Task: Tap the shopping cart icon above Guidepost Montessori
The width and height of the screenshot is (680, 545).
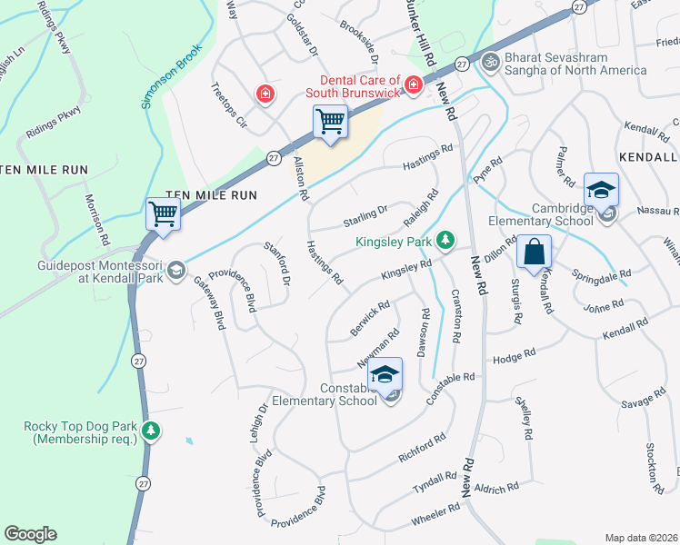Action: (x=164, y=215)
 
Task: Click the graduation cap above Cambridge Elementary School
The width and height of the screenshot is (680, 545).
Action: (x=601, y=190)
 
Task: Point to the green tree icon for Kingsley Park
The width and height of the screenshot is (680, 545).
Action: (x=445, y=240)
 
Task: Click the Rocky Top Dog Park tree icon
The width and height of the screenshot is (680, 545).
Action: (x=152, y=431)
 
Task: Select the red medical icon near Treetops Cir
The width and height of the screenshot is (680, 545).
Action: (x=265, y=94)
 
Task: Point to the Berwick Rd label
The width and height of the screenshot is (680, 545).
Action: (x=370, y=319)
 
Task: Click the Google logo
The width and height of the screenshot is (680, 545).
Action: (x=30, y=533)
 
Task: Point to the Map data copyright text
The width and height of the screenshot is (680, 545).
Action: (x=640, y=538)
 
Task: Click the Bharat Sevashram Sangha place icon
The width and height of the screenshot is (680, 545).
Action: (x=491, y=62)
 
